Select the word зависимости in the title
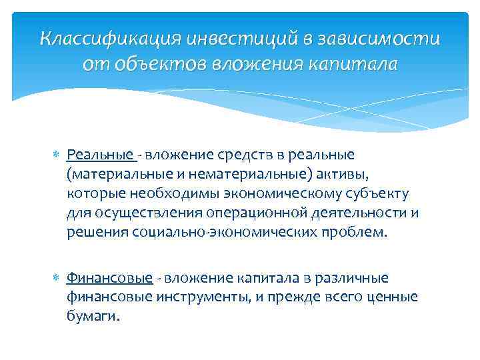pos(383,38)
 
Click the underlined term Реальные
pos(100,155)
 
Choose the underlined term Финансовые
pos(109,277)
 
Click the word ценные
pos(393,297)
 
